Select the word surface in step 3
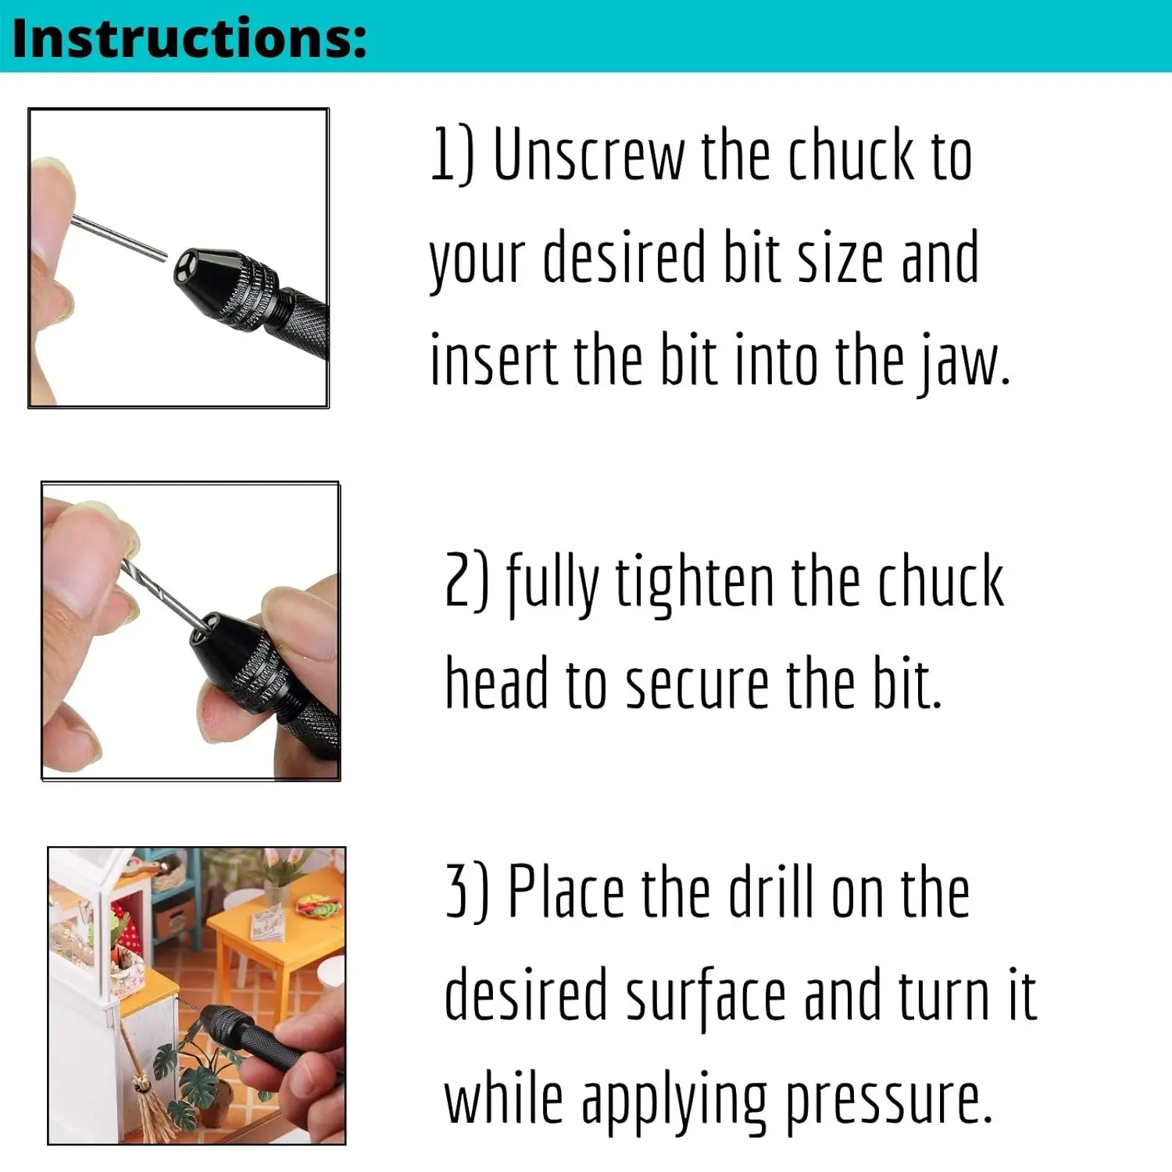pyautogui.click(x=706, y=995)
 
